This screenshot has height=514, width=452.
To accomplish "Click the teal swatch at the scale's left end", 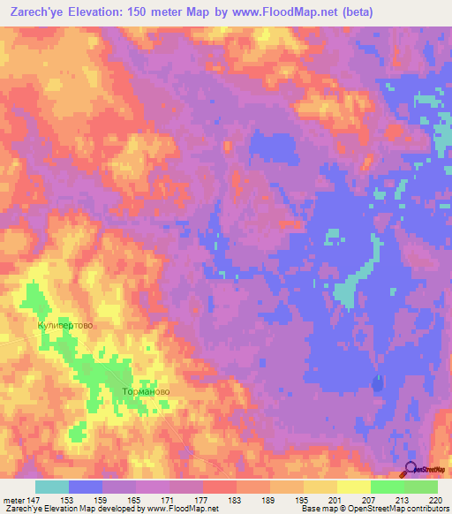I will tap(52, 487).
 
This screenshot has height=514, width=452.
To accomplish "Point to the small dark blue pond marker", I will tap(378, 383).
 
